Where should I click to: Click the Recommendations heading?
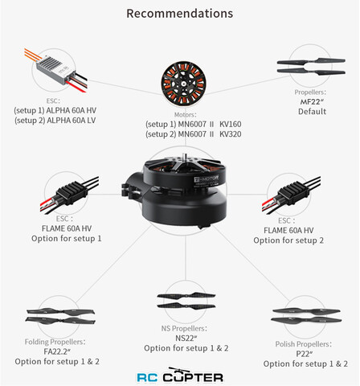coord(180,14)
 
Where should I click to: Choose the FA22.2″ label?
coord(57,351)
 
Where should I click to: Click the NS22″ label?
coord(186,338)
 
